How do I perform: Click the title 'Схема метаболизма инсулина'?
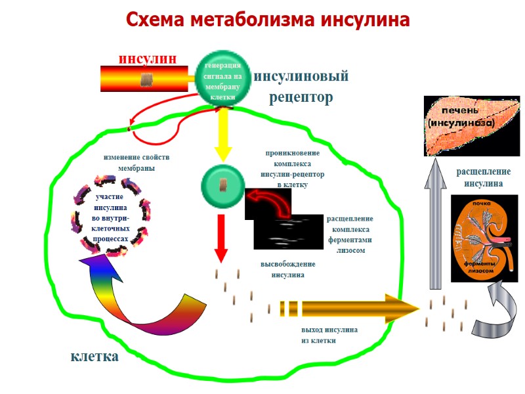[x=268, y=20]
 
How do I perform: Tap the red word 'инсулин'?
[x=147, y=58]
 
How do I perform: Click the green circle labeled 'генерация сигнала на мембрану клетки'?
[x=223, y=79]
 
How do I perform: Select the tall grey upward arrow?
[x=434, y=223]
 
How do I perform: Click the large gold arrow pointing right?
[x=348, y=307]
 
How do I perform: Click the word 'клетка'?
[x=94, y=357]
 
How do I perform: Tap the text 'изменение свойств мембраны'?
[x=136, y=163]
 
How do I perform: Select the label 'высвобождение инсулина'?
[x=288, y=269]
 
